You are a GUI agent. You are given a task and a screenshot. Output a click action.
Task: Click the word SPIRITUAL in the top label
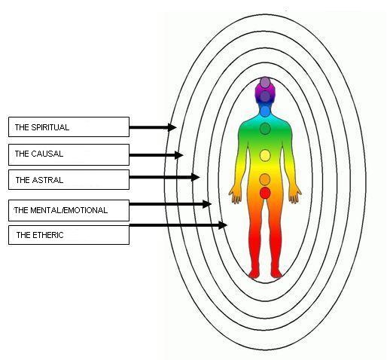(x=50, y=127)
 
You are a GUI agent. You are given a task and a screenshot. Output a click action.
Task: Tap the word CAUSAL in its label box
(x=47, y=154)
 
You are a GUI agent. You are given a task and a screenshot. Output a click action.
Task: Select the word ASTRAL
(x=47, y=180)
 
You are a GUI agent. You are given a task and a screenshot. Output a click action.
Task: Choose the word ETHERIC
(x=47, y=235)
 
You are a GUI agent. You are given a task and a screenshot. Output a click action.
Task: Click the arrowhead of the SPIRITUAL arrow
(x=172, y=127)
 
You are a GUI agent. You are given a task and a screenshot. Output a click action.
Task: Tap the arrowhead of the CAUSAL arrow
(x=179, y=155)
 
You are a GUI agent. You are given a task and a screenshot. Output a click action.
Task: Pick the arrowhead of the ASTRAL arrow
(x=195, y=177)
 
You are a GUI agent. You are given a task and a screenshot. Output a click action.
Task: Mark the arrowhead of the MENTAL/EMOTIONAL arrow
(x=207, y=204)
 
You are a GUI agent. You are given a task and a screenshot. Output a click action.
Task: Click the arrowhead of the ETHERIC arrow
(x=223, y=225)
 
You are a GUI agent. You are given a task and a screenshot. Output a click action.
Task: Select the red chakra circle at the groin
(x=265, y=193)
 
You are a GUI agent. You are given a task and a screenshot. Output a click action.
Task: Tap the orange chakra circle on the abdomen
(x=265, y=179)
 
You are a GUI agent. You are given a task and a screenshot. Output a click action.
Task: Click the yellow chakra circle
(x=265, y=155)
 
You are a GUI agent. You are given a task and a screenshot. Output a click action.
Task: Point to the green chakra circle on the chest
(x=265, y=129)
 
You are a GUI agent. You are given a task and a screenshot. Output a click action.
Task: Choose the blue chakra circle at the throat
(x=265, y=111)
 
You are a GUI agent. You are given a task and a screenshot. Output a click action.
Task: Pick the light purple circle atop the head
(x=265, y=82)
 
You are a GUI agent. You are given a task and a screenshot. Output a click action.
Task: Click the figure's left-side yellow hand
(x=235, y=194)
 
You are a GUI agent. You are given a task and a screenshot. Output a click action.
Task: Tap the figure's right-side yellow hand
(x=294, y=194)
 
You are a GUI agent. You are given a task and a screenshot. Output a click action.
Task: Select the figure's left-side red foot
(x=254, y=273)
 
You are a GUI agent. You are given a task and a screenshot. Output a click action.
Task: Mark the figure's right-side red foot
(x=276, y=273)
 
